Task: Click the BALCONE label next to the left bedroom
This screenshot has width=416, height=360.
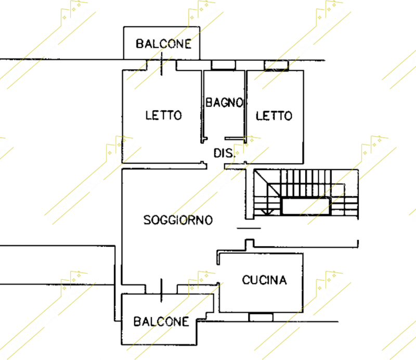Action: [x=163, y=44]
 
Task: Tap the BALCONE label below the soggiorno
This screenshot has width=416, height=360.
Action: [x=161, y=322]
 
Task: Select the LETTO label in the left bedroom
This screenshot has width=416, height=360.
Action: [x=163, y=115]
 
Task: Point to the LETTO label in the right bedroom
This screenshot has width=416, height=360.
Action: [x=274, y=116]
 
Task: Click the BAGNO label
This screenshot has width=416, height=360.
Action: [x=225, y=102]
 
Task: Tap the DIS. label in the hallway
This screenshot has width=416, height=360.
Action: [x=224, y=153]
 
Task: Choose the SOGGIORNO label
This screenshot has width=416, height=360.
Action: [x=178, y=220]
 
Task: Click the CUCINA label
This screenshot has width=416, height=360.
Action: [x=264, y=280]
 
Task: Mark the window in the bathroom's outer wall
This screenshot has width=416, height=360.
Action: [x=224, y=65]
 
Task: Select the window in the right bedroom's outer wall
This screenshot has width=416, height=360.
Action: [x=276, y=66]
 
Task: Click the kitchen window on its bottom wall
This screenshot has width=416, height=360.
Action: [x=261, y=317]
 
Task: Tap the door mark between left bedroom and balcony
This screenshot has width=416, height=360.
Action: [x=162, y=63]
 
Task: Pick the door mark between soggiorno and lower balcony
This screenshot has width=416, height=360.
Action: [x=161, y=290]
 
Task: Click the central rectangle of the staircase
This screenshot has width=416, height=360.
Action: [x=306, y=207]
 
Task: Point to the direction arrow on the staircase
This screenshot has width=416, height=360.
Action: [x=267, y=212]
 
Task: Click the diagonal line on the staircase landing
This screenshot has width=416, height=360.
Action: [x=267, y=184]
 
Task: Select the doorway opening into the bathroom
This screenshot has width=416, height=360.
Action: [x=216, y=138]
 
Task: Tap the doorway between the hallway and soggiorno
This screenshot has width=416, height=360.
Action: [x=216, y=166]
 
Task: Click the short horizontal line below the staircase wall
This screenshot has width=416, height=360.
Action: [x=249, y=228]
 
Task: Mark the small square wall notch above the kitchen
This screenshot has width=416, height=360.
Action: [x=249, y=243]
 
